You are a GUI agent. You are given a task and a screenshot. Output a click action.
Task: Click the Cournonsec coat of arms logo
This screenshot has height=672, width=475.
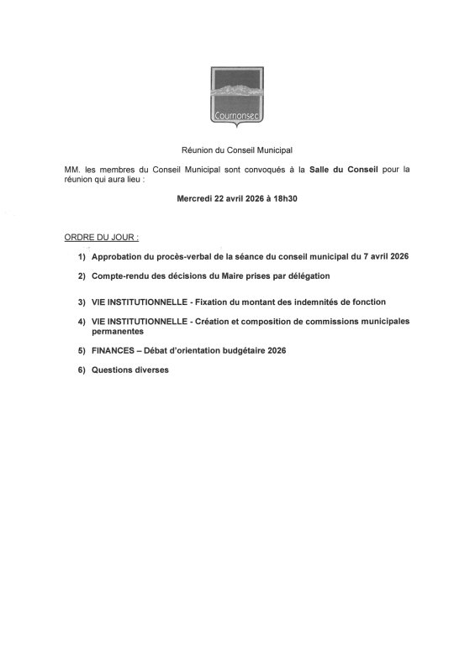[236, 99]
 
